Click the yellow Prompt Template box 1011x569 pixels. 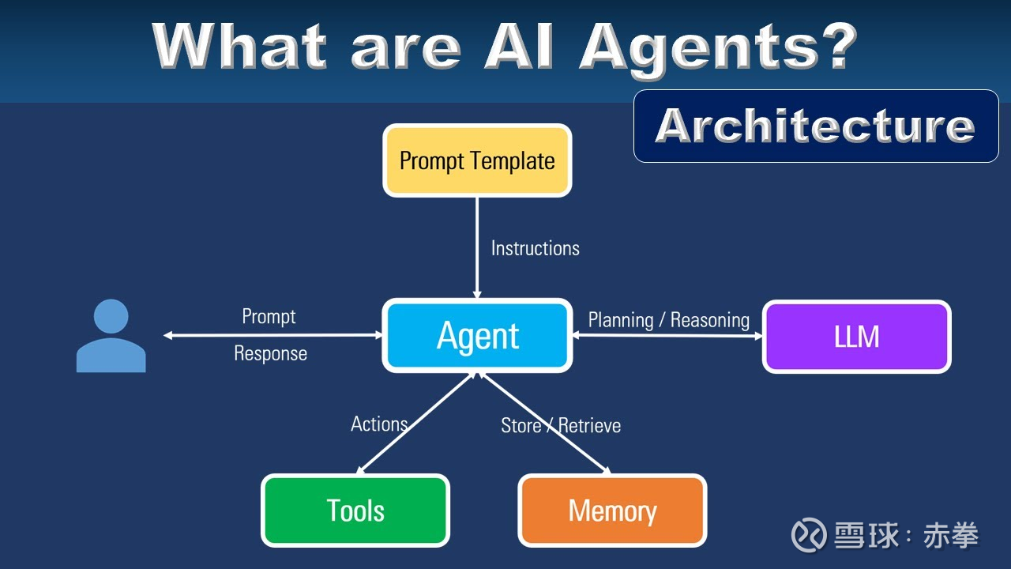coord(477,160)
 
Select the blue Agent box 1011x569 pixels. coord(477,336)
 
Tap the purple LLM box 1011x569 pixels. coord(856,337)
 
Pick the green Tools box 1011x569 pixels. coord(355,511)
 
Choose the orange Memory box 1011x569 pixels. coord(612,511)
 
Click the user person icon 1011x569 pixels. coord(111,336)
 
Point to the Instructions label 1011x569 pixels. coord(535,248)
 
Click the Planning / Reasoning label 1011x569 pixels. coord(668,320)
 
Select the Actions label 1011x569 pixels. coord(379,424)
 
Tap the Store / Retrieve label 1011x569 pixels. coord(561,426)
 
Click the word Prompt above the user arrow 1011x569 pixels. coord(269,317)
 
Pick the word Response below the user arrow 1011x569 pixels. coord(270,354)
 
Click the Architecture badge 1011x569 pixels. coord(816,126)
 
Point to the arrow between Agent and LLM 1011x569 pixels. coord(667,336)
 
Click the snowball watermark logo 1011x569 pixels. coord(810,535)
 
